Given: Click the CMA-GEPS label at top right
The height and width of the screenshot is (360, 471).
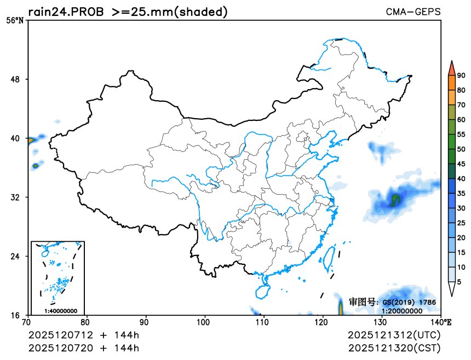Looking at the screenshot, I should (413, 11).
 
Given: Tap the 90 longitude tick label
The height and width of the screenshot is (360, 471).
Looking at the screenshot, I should (145, 322).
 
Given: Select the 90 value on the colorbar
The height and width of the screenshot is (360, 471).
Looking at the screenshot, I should (461, 76).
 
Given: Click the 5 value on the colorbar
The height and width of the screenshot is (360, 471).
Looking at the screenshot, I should (459, 281).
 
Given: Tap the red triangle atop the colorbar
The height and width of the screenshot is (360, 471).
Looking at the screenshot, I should (451, 68).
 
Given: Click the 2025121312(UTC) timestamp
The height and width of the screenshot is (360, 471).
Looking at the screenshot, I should (394, 334).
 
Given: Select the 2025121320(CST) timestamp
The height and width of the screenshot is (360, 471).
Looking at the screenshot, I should (394, 347).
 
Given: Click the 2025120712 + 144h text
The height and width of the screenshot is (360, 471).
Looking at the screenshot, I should (84, 334).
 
